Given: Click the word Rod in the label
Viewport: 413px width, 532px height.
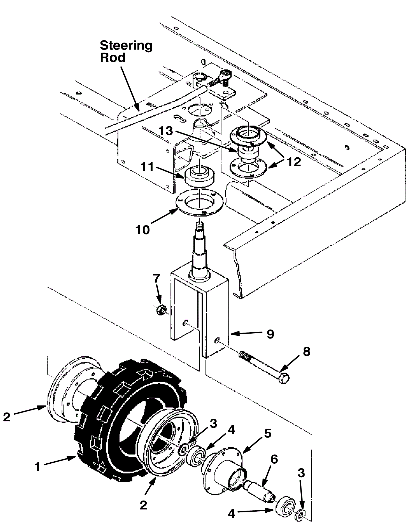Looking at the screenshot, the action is coord(113,58).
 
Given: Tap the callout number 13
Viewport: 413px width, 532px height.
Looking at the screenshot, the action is coord(165,131).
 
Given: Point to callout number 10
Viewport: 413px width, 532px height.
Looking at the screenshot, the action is coord(142,230).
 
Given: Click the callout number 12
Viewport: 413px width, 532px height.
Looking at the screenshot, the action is coord(294,162).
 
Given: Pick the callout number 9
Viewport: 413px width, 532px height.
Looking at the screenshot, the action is coord(270,334).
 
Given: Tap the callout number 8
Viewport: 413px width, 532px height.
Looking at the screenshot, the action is coord(307,352).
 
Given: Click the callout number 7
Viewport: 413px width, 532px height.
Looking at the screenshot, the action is coord(157,279).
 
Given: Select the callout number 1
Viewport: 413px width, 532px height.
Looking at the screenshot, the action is coord(38,467).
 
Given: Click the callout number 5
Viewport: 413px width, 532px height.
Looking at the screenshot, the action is coord(268,434).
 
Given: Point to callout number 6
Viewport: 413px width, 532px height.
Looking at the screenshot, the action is coord(274,460).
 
